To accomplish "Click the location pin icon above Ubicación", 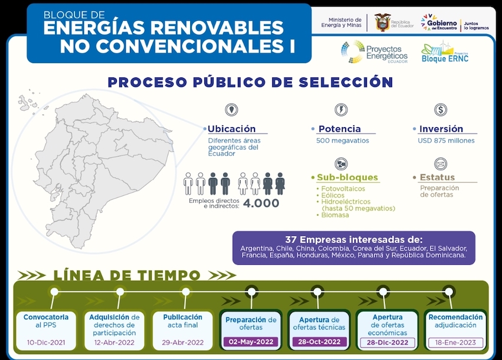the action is tap(231, 109).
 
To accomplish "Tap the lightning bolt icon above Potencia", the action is tap(341, 109).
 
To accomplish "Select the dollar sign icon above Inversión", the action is tap(441, 109).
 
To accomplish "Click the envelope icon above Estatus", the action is tap(441, 164).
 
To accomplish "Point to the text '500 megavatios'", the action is tap(343, 141).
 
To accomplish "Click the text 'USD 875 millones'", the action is tap(446, 141).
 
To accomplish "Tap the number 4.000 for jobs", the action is tap(261, 203).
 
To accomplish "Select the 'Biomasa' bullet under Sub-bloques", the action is tap(335, 215).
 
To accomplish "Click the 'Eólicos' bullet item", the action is tap(333, 195).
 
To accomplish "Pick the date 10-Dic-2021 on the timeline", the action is tap(46, 342).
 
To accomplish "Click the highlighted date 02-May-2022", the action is tap(251, 342).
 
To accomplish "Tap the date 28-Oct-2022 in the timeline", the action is tap(319, 342).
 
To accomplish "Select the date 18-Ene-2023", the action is tap(455, 342).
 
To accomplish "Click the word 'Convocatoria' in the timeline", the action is tap(46, 317).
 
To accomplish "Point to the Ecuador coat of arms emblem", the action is tap(382, 22).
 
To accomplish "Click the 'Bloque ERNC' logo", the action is tap(445, 52).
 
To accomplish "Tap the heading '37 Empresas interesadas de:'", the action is tap(354, 240).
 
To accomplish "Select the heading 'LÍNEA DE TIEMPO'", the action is tap(127, 275).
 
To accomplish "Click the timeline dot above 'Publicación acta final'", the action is tap(185, 291).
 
